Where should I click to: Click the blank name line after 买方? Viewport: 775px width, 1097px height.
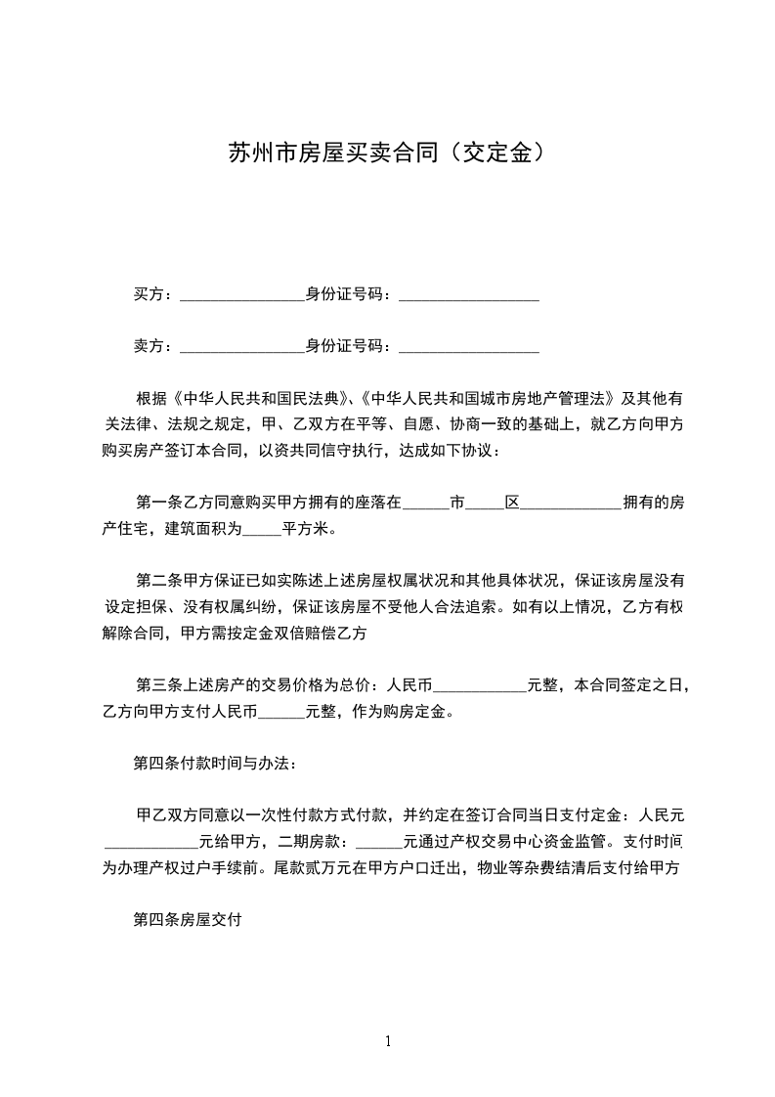coord(242,296)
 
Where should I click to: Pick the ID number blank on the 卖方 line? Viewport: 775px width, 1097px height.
coord(469,348)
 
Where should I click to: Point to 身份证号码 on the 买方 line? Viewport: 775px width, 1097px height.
coord(348,293)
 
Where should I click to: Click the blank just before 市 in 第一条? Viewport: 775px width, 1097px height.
coord(425,506)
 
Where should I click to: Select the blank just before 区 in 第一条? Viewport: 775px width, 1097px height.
coord(486,506)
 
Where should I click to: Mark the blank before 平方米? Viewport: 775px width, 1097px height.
coord(261,533)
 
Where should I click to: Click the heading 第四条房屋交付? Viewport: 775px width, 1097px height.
coord(188,919)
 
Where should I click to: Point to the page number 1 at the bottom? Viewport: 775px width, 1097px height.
coord(388,1041)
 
